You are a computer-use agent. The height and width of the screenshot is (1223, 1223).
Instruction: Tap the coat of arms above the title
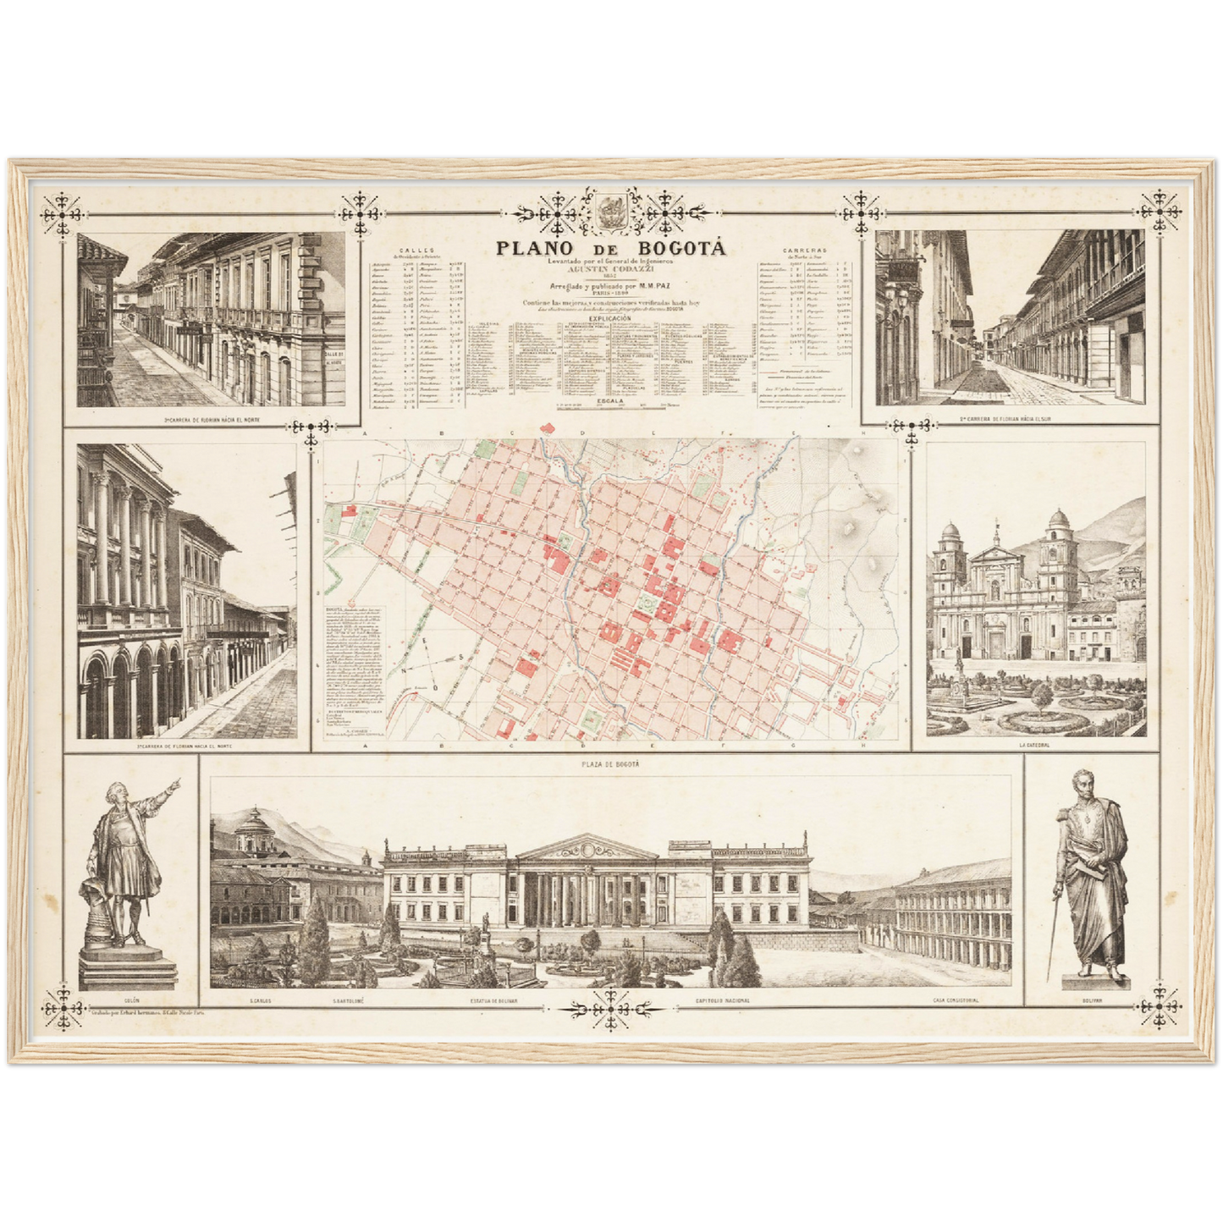[610, 212]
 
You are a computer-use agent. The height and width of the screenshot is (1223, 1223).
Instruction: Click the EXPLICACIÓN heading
[610, 318]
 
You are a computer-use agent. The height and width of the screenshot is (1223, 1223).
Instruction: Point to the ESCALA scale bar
[611, 405]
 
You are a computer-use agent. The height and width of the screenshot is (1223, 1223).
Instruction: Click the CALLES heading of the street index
[419, 251]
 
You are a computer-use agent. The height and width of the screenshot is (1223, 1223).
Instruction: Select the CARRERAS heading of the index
[804, 251]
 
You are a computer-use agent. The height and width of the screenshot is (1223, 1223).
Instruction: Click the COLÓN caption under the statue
[131, 1000]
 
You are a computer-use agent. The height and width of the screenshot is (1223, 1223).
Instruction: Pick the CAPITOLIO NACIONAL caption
[722, 1000]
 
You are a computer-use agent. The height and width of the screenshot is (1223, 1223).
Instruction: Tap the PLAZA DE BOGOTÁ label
[610, 764]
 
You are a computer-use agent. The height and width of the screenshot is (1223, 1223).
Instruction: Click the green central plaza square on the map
[647, 603]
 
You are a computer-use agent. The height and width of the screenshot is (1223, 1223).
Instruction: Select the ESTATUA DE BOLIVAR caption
[494, 1000]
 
